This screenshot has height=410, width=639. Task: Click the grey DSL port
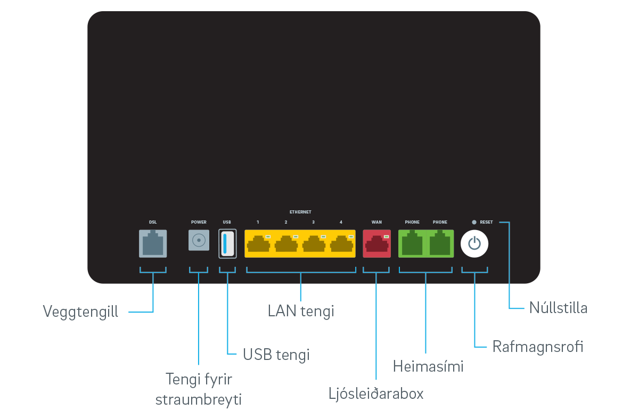152,243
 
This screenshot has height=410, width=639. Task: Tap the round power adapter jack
199,241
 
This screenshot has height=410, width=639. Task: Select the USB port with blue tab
227,243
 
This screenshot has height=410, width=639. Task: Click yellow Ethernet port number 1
258,244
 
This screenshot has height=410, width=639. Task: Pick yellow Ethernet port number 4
341,244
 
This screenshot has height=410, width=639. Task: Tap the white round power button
474,244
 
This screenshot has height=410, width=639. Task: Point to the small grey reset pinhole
474,222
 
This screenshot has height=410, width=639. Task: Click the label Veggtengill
80,311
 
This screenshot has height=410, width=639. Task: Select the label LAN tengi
301,311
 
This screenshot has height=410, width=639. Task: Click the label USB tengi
276,354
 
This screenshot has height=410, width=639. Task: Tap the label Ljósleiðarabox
376,394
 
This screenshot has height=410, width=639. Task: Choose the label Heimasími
428,366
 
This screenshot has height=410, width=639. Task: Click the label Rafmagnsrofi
537,347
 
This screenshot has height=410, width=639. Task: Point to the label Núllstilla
558,308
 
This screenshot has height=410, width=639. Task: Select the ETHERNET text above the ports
300,212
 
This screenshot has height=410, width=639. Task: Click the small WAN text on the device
376,222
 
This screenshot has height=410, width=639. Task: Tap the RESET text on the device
486,222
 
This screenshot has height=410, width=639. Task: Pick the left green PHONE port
412,244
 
